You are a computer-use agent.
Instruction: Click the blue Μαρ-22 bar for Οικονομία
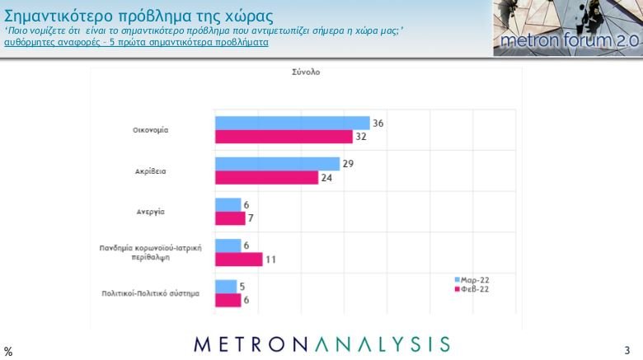[x=292, y=124]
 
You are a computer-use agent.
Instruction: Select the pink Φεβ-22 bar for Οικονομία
[x=284, y=137]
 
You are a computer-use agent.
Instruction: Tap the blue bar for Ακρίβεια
[x=277, y=164]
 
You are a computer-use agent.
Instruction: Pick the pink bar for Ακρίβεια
[x=266, y=177]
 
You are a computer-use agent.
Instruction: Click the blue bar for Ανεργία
[x=228, y=204]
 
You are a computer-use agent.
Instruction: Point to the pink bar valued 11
[x=238, y=259]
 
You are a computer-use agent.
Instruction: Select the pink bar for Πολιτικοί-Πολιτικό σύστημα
[x=228, y=300]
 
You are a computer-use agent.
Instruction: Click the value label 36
[x=378, y=123]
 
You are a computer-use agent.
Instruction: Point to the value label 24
[x=326, y=177]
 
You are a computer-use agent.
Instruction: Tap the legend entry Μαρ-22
[x=475, y=279]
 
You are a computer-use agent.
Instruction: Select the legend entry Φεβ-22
[x=475, y=289]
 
